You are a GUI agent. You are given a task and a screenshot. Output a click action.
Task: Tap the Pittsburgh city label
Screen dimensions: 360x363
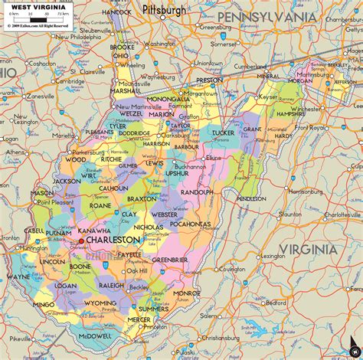164,11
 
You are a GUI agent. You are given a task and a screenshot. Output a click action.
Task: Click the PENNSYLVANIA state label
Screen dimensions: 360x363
266,16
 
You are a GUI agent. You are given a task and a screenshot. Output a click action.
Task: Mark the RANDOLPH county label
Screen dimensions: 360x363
197,191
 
